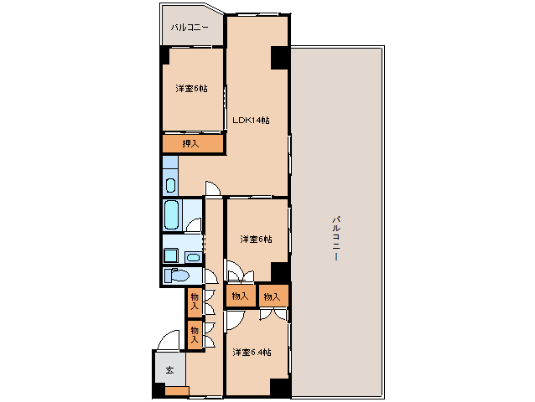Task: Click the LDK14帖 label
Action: click(x=251, y=121)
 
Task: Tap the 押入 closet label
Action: click(x=190, y=144)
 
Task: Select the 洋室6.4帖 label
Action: click(x=252, y=352)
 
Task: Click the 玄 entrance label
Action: click(x=170, y=370)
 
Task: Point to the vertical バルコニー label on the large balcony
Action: click(x=336, y=238)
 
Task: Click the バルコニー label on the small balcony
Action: click(x=190, y=28)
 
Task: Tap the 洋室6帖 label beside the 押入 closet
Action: click(x=191, y=89)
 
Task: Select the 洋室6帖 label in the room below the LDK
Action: click(x=256, y=240)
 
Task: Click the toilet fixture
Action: click(x=176, y=276)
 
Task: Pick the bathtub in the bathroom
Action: click(x=171, y=214)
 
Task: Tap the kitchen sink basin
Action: click(x=170, y=186)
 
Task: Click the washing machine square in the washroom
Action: click(x=171, y=255)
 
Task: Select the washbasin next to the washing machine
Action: click(x=193, y=257)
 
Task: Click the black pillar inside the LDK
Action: click(x=280, y=58)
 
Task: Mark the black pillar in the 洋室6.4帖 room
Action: click(x=280, y=388)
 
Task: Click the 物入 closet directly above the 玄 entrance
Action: click(x=195, y=335)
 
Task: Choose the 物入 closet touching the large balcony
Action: click(x=273, y=296)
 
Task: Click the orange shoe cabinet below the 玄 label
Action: click(x=177, y=391)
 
